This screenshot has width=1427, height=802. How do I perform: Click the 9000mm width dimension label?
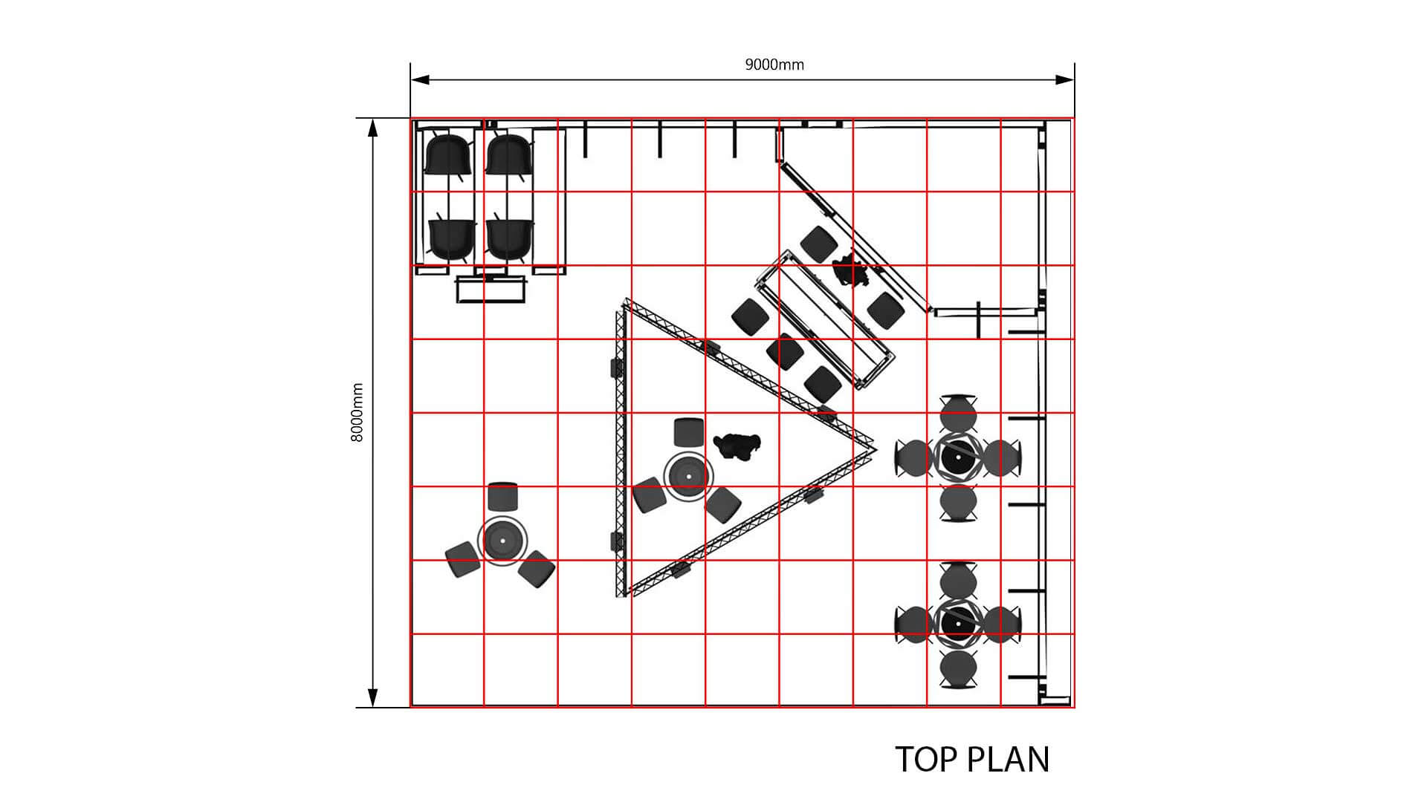774,65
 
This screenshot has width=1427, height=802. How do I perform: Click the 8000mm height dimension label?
357,413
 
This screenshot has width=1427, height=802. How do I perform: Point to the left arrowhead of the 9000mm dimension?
421,79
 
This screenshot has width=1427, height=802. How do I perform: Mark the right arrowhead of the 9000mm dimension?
1064,79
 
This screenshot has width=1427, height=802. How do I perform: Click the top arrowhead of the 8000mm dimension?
373,128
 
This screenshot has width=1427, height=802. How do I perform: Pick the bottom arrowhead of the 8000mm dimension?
373,698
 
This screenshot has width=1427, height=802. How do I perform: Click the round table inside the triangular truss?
688,475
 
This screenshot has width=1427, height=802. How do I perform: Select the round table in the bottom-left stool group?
502,541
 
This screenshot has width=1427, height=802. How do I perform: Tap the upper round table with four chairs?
959,457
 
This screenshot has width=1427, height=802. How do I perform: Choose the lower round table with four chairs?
959,624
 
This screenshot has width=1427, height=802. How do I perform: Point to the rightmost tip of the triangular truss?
875,449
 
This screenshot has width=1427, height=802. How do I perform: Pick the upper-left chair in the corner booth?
448,154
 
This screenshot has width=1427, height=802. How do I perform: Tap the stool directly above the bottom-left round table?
503,495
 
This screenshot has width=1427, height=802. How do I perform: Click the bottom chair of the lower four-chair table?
959,670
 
